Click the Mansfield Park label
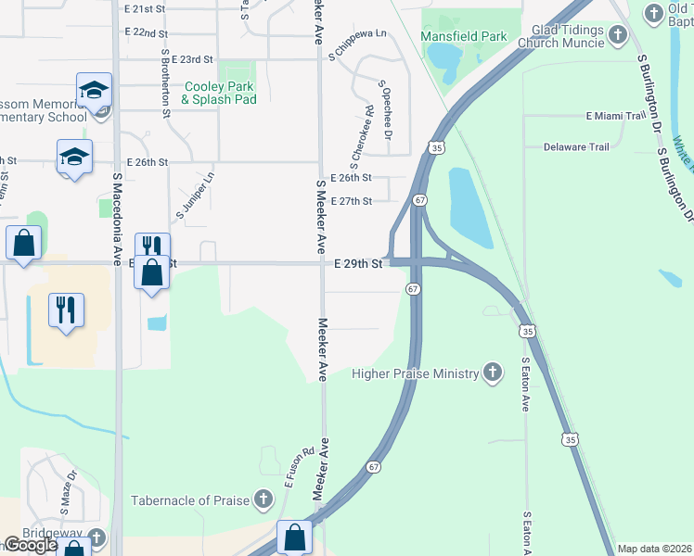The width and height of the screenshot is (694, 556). [464, 36]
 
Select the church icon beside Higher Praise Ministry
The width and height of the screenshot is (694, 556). [493, 373]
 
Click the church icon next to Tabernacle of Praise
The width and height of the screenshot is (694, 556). [263, 500]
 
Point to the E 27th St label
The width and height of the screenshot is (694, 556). [352, 201]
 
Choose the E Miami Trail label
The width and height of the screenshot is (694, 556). [615, 116]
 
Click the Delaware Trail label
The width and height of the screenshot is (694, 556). [576, 146]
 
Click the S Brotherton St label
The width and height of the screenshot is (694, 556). [165, 83]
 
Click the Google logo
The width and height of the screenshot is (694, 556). [31, 546]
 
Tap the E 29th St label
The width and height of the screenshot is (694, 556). [359, 264]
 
